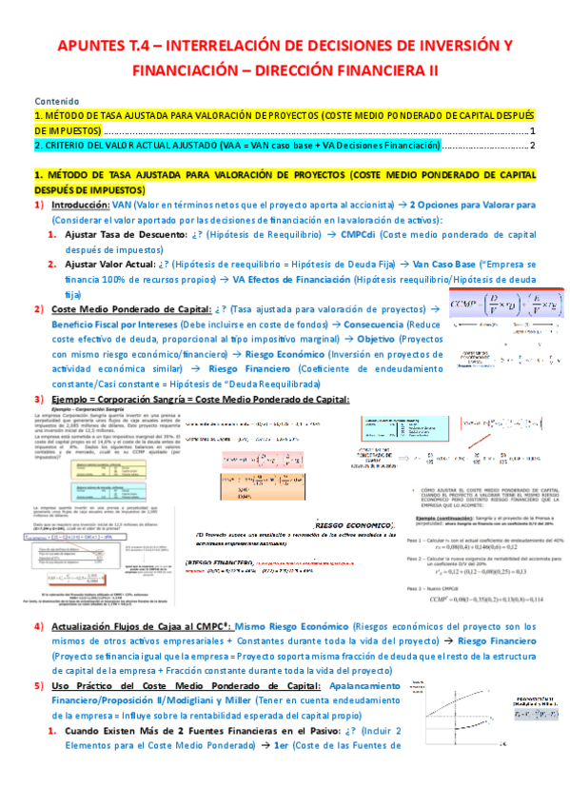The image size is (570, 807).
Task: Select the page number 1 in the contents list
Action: pyautogui.click(x=533, y=130)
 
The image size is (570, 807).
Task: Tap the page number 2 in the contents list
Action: pyautogui.click(x=533, y=146)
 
